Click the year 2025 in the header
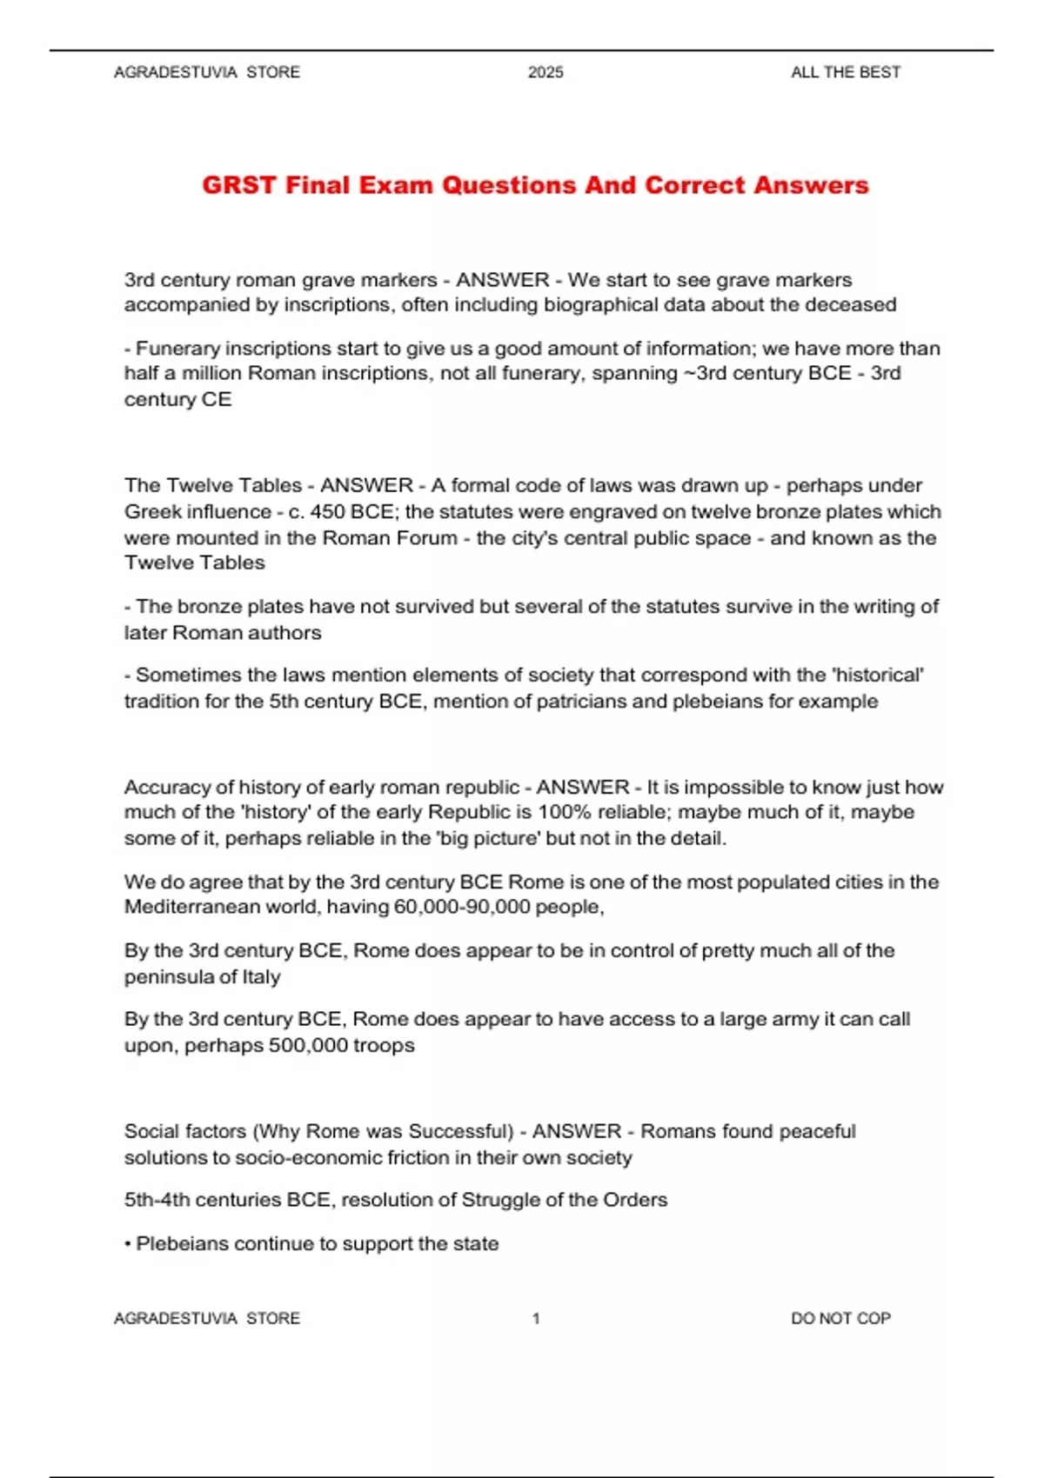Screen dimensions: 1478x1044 (545, 72)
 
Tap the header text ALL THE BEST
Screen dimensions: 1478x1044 (845, 72)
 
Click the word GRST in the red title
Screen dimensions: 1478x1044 (238, 185)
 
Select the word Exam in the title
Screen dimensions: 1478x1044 (395, 185)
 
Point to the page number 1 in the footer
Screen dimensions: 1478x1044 (536, 1318)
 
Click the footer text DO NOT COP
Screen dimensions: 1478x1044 (840, 1318)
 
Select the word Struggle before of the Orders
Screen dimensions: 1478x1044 (500, 1200)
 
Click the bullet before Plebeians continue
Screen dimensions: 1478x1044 (128, 1244)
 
